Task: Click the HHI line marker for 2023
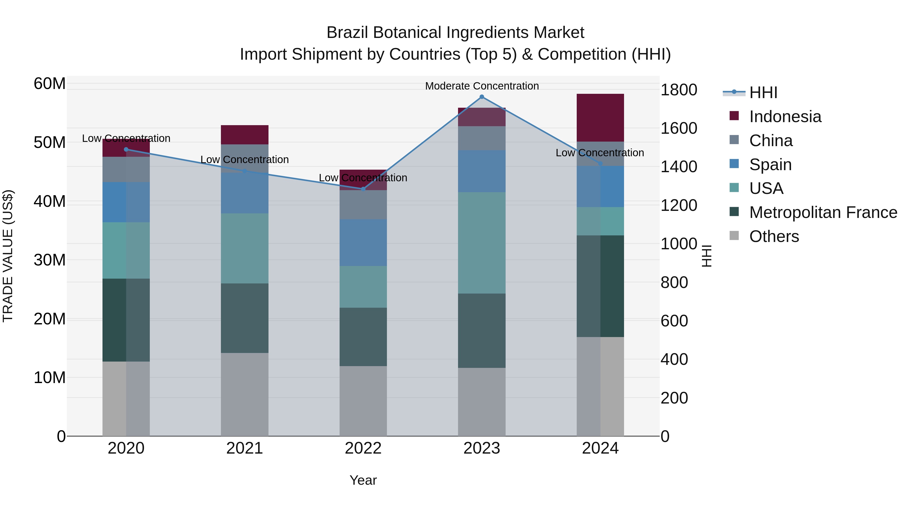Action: pos(482,97)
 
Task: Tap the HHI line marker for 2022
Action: pos(363,189)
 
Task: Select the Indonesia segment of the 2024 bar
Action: pos(600,118)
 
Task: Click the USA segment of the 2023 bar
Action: pos(482,243)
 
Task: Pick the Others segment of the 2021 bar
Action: pos(244,394)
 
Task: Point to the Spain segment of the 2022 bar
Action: pos(363,242)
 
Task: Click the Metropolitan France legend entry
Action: pos(823,212)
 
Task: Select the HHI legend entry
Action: pos(763,93)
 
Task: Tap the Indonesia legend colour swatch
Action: pos(734,116)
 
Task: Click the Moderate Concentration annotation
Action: pos(482,86)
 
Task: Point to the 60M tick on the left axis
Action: pos(50,84)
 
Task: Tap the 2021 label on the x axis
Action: pos(244,448)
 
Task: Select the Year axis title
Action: pos(363,480)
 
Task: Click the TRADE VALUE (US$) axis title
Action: pos(8,256)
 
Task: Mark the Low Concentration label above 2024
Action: pos(599,153)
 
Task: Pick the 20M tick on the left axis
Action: pos(50,319)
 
